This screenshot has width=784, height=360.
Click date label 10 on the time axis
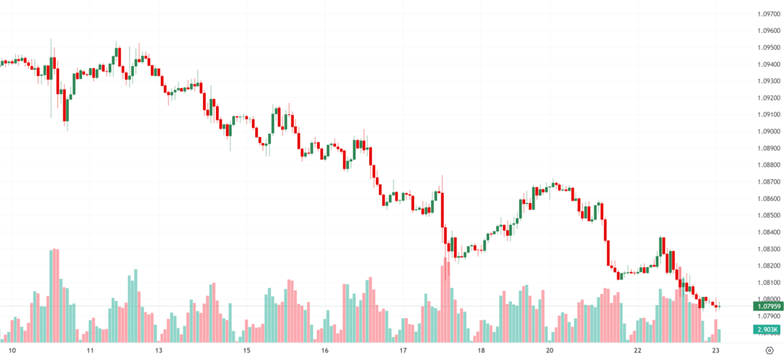[11, 351]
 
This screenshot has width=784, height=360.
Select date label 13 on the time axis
[158, 351]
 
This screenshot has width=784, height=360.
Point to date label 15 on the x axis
[247, 351]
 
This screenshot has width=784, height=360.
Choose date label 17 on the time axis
[403, 351]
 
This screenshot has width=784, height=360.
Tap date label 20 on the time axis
[550, 351]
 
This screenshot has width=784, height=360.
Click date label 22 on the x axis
[637, 351]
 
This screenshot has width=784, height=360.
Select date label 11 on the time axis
[90, 351]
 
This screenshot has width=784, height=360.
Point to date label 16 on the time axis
[325, 351]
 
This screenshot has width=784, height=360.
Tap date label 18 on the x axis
[481, 351]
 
